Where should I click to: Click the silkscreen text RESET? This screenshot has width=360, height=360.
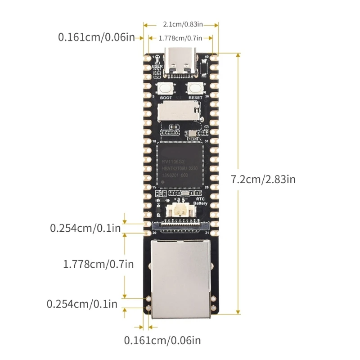tap(195, 97)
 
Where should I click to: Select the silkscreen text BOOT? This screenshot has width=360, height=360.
tap(166, 97)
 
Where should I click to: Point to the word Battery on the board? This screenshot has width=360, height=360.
tap(200, 203)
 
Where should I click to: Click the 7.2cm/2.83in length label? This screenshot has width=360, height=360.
tap(263, 179)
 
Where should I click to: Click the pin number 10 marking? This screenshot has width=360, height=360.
tap(154, 141)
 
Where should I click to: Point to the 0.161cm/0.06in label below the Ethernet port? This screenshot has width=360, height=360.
tap(163, 340)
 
